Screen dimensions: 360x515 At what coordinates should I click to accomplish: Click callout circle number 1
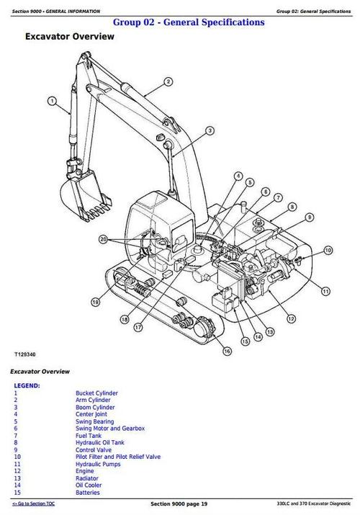pyautogui.click(x=52, y=101)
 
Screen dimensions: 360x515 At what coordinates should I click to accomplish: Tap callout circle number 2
pyautogui.click(x=168, y=81)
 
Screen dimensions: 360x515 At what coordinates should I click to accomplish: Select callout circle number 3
pyautogui.click(x=210, y=130)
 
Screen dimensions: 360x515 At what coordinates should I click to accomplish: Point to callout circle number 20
pyautogui.click(x=104, y=239)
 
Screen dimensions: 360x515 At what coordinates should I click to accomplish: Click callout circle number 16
pyautogui.click(x=227, y=351)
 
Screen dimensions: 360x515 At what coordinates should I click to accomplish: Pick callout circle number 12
pyautogui.click(x=291, y=318)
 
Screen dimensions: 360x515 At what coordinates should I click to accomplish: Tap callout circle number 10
pyautogui.click(x=328, y=251)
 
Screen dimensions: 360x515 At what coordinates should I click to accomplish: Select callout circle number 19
pyautogui.click(x=95, y=302)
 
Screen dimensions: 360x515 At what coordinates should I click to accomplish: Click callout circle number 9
pyautogui.click(x=309, y=217)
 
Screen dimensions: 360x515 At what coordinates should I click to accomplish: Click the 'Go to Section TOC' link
pyautogui.click(x=33, y=503)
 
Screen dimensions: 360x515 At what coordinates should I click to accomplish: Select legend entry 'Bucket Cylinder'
pyautogui.click(x=96, y=393)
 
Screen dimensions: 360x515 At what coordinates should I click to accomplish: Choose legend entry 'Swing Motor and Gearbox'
pyautogui.click(x=110, y=429)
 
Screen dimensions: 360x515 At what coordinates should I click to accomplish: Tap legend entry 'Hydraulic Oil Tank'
pyautogui.click(x=100, y=443)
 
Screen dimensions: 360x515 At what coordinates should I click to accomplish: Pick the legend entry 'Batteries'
pyautogui.click(x=88, y=493)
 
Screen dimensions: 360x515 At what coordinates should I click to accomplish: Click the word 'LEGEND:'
pyautogui.click(x=27, y=386)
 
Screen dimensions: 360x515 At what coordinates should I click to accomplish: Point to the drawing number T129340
pyautogui.click(x=25, y=354)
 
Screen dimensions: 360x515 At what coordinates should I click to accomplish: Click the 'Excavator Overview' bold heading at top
pyautogui.click(x=70, y=37)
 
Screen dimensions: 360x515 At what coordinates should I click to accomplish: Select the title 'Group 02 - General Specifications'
pyautogui.click(x=189, y=22)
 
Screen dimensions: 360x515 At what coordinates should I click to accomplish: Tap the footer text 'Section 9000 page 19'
pyautogui.click(x=179, y=503)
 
